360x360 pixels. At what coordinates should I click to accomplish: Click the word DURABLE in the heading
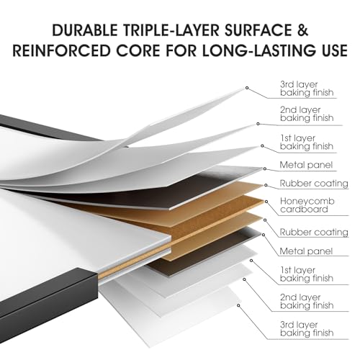(85, 30)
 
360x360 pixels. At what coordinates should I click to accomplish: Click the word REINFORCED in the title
(61, 50)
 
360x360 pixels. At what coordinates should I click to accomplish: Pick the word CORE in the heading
(138, 50)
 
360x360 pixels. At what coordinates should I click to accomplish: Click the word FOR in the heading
(181, 50)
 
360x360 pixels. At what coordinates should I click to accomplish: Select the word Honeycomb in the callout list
(307, 202)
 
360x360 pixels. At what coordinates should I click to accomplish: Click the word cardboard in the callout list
(304, 210)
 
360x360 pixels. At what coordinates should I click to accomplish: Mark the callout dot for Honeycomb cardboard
(266, 202)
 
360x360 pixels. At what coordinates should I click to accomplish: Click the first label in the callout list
(307, 89)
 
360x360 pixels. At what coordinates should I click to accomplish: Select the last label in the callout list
(307, 329)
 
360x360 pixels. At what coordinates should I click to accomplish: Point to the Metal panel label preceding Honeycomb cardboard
(306, 165)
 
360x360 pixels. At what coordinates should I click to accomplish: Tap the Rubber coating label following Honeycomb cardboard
(314, 232)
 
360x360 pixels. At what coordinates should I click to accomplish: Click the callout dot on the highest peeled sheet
(247, 88)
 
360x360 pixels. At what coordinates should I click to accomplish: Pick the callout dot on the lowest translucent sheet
(238, 305)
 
